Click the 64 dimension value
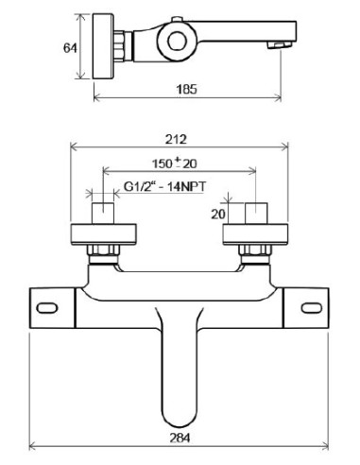tap(70, 48)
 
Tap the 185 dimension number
tap(186, 89)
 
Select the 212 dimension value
tap(176, 139)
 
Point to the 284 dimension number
tap(180, 438)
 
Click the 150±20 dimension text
tap(175, 164)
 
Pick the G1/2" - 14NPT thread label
tap(164, 186)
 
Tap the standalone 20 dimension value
tap(218, 215)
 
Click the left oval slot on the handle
tap(47, 308)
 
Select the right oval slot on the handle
tap(312, 308)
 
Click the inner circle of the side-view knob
tap(178, 41)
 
